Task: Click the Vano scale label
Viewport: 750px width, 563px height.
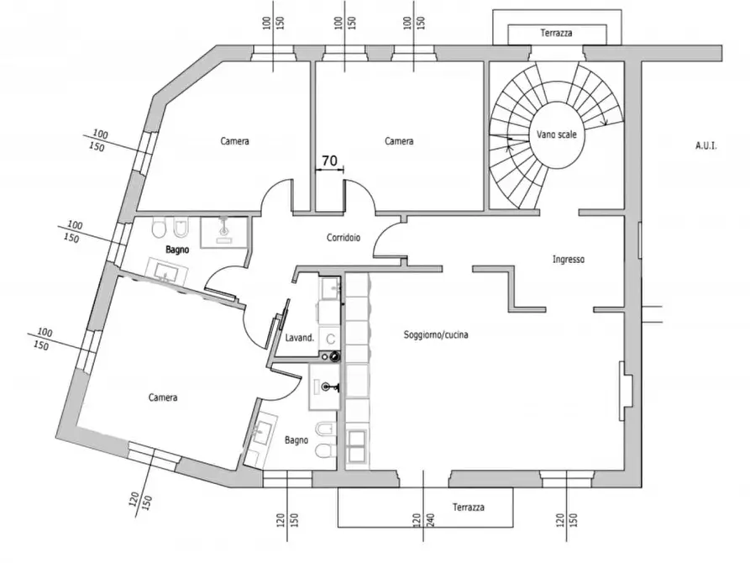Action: (556, 134)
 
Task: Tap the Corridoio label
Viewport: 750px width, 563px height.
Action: (344, 238)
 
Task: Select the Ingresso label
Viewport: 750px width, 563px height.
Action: (569, 260)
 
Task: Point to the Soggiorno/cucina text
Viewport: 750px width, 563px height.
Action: (436, 334)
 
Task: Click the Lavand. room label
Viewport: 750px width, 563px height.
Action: (300, 338)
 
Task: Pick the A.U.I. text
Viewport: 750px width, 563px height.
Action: (706, 145)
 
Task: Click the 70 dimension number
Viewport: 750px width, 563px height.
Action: (329, 160)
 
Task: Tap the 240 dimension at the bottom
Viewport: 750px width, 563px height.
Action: (430, 521)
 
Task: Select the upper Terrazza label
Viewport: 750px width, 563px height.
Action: (556, 33)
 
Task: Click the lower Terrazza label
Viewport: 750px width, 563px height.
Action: (469, 507)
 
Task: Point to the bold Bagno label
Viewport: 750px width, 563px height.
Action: (177, 250)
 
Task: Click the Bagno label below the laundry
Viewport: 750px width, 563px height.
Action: (296, 440)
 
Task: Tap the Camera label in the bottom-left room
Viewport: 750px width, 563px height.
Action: (163, 397)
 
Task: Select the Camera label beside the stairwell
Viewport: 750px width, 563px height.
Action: (399, 141)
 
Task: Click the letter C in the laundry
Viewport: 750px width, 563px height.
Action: (330, 339)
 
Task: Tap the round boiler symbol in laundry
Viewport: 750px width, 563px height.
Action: (335, 356)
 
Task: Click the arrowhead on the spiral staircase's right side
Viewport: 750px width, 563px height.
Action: (605, 122)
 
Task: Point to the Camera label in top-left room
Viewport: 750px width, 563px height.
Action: (234, 141)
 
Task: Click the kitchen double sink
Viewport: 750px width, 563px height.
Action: (357, 447)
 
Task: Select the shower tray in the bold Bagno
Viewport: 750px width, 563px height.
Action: (223, 232)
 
